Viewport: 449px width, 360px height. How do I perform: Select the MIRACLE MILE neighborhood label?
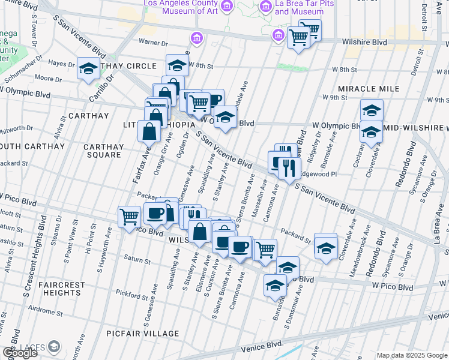click(x=369, y=89)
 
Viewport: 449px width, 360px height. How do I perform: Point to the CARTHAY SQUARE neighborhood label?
click(x=103, y=151)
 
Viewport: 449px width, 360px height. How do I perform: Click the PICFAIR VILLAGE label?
click(x=144, y=334)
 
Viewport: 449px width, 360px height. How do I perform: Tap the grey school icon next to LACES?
click(x=54, y=346)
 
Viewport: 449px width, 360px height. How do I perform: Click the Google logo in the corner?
click(x=20, y=353)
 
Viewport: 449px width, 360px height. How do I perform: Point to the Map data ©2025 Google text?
click(x=412, y=355)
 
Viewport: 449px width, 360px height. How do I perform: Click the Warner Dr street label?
click(x=153, y=43)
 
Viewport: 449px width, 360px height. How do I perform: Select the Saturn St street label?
click(x=137, y=261)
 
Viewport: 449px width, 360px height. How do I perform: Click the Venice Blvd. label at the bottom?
click(x=261, y=347)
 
